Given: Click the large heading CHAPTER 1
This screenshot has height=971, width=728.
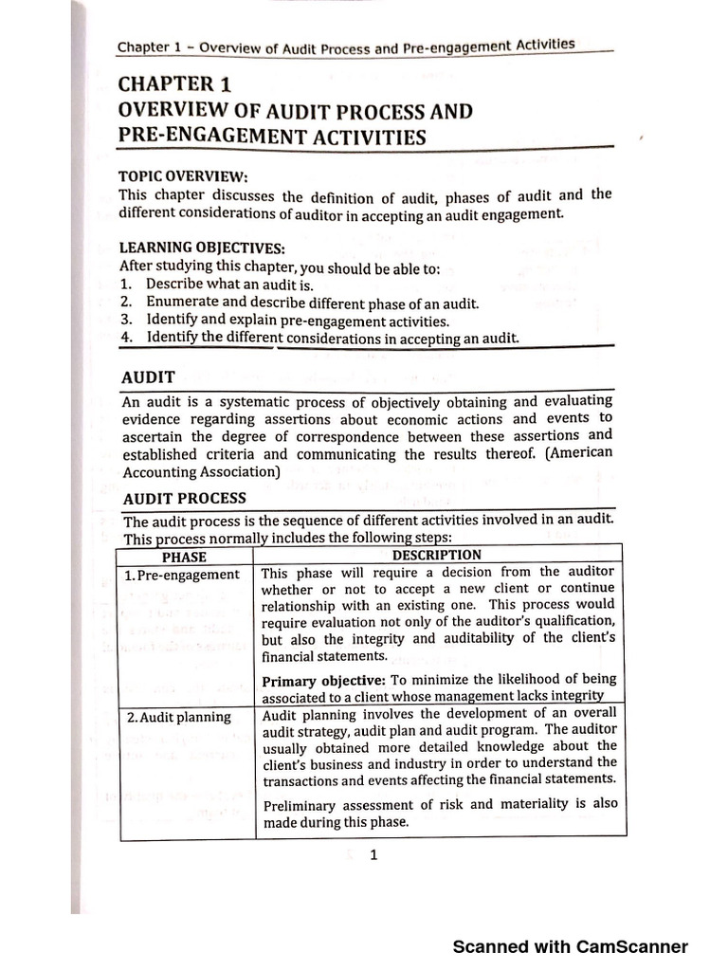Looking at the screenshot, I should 175,84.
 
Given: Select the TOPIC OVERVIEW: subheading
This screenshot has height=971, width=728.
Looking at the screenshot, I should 182,177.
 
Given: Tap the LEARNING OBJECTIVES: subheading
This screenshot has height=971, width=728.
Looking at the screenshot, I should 201,248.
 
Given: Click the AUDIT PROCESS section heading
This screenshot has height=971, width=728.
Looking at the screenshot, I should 184,499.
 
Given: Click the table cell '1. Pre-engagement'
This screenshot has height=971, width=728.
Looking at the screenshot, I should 182,575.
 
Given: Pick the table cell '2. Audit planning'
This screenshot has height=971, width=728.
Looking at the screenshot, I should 178,717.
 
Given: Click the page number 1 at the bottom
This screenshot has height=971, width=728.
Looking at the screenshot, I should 373,855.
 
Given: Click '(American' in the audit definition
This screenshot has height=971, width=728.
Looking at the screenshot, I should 578,452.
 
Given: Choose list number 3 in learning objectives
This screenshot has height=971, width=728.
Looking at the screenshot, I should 125,321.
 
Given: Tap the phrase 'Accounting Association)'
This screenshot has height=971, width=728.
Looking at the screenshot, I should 199,472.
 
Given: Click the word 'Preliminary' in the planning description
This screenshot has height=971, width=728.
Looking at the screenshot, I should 301,805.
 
